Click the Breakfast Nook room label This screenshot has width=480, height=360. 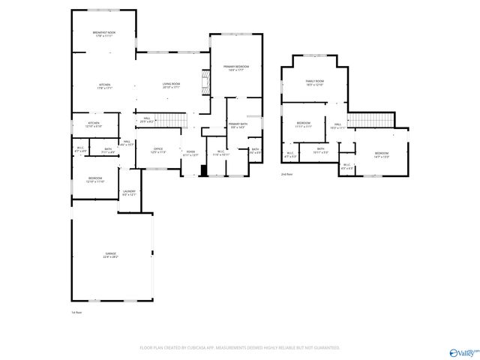[104, 34]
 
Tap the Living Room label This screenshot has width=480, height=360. [171, 85]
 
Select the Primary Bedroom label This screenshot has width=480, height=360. [236, 68]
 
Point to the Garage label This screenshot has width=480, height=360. [111, 256]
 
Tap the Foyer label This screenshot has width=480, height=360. [192, 153]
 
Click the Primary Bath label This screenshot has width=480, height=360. [238, 125]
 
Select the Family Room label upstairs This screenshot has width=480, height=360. [314, 82]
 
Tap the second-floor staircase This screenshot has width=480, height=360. [370, 120]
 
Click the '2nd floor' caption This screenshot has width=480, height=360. [287, 174]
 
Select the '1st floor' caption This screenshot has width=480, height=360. [76, 311]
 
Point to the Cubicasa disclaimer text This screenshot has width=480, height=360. [240, 348]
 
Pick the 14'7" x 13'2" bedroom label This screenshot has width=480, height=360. [382, 154]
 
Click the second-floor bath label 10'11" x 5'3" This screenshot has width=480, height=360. [320, 150]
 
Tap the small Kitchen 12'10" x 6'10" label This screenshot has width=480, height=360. [94, 124]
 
